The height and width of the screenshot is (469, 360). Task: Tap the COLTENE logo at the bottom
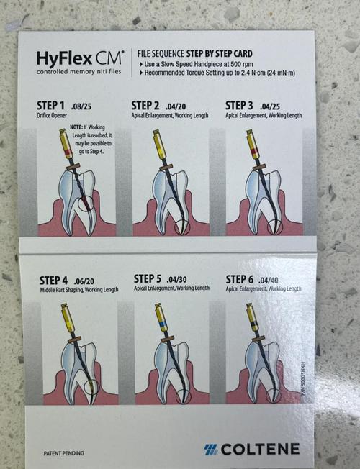(251, 449)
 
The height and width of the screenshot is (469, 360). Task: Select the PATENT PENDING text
(63, 452)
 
